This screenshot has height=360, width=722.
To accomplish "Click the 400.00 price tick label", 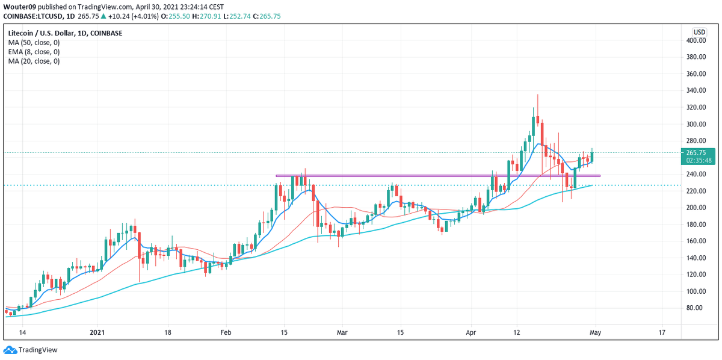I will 697,40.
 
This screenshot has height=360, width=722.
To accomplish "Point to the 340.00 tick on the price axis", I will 697,90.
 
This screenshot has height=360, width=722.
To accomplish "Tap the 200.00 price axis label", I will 697,208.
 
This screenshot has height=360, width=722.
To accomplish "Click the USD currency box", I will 699,32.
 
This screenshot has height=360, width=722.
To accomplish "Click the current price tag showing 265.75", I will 699,153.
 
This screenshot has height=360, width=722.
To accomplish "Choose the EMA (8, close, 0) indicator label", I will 34,52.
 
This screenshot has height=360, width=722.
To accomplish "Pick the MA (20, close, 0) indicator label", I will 34,61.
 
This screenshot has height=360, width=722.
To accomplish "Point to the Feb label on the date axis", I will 226,332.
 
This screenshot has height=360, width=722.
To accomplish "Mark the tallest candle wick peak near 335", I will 537,95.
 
